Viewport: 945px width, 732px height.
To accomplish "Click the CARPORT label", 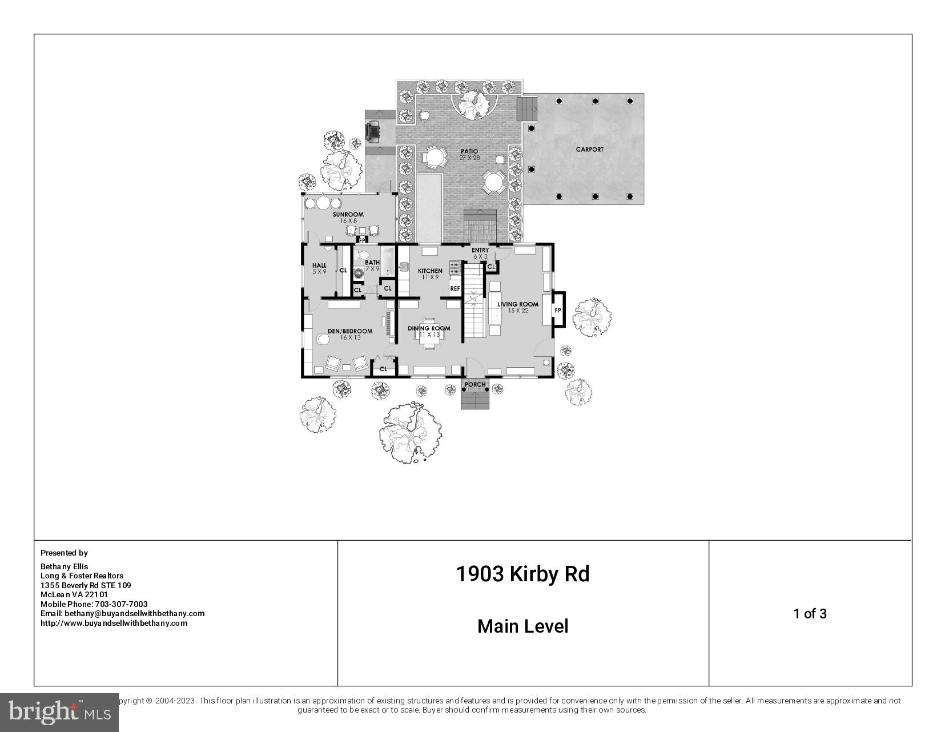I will coord(589,150).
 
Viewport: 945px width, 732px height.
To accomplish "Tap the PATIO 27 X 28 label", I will coord(469,154).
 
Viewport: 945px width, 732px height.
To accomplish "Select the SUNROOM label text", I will coord(348,215).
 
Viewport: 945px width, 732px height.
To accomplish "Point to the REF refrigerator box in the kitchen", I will coord(455,288).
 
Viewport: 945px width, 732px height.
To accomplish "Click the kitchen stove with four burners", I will coord(455,267).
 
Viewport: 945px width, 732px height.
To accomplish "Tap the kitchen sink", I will coord(404,267).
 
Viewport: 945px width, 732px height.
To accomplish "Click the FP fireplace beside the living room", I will coord(558,310).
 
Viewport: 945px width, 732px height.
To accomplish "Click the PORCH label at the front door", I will coord(475,384).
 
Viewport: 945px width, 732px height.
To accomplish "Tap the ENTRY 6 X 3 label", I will coord(480,253).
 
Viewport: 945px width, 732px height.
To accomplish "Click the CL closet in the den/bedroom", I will coord(383,369).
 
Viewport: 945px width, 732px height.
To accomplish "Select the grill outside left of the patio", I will coord(373,131).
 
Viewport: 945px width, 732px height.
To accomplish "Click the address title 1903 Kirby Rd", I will coord(522,574).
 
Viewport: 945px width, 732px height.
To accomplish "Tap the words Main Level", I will coord(522,626).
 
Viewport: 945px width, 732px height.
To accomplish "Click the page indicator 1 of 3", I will coord(810,614).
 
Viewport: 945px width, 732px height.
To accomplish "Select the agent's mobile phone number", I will coord(94,604).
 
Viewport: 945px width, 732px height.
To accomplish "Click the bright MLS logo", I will coord(59,712).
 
